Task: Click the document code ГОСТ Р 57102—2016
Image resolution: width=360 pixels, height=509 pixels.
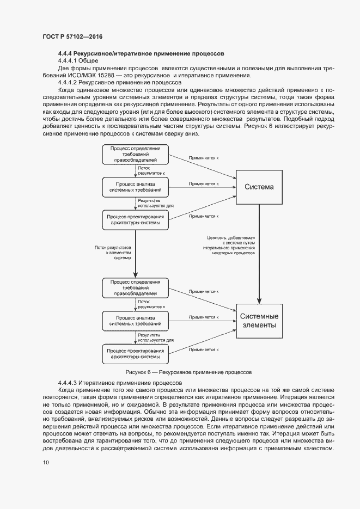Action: [x=72, y=36]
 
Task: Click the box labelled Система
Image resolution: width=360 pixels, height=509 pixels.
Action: [x=259, y=187]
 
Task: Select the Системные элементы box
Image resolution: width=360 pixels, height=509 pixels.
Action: [x=259, y=321]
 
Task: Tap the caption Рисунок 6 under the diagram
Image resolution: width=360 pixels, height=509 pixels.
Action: [x=188, y=373]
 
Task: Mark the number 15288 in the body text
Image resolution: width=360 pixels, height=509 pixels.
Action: [x=124, y=75]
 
